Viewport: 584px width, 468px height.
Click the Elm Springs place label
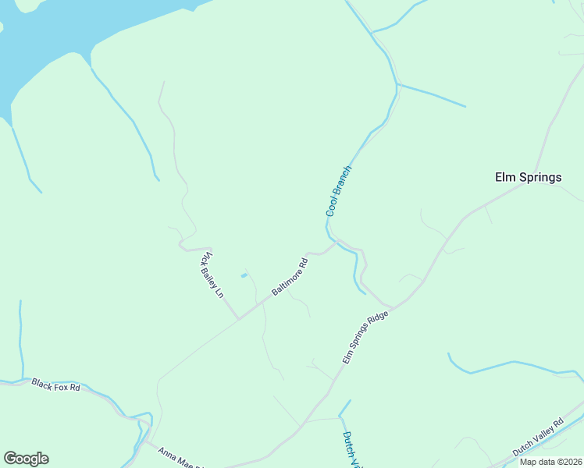tap(529, 177)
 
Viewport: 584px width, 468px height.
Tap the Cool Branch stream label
tap(338, 191)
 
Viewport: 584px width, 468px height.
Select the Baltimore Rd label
tap(290, 277)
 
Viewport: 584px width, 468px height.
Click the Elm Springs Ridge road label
tap(365, 335)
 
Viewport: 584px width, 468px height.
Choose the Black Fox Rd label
tap(55, 385)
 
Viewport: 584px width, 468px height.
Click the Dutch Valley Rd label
tap(538, 439)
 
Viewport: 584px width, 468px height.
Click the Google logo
tap(26, 459)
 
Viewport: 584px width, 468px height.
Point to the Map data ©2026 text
tap(551, 462)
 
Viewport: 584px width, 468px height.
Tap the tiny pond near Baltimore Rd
tap(244, 275)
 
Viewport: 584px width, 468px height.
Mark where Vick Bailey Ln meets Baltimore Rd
tap(238, 318)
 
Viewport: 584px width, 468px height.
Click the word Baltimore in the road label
tap(286, 282)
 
